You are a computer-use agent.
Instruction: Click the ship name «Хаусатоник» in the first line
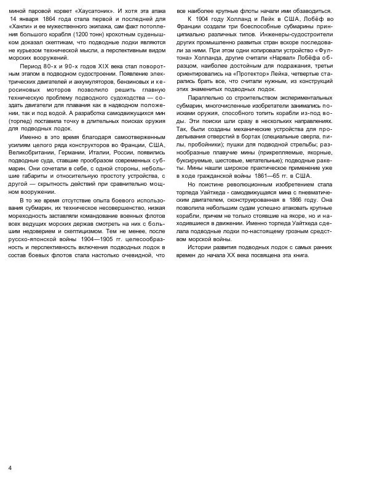pyautogui.click(x=76, y=11)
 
